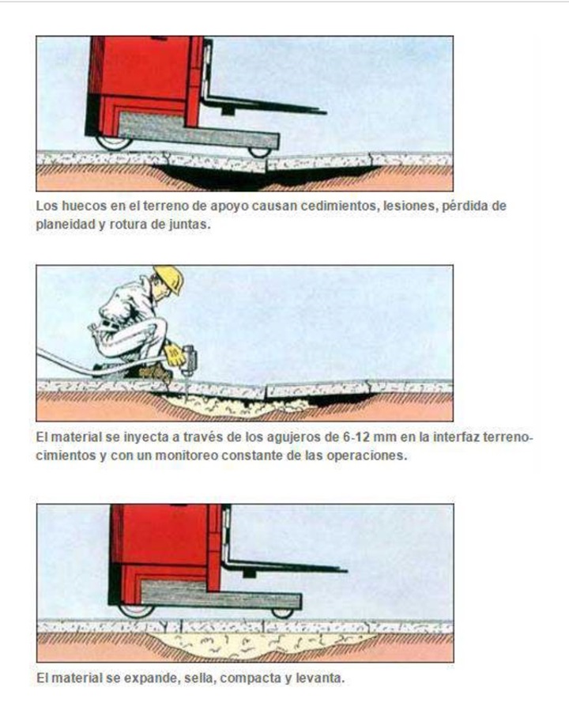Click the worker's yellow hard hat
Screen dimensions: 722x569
[x=168, y=278]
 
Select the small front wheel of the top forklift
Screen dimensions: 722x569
[x=258, y=151]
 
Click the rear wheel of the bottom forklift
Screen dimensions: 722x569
[x=135, y=610]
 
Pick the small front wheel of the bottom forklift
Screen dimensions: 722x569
[x=281, y=612]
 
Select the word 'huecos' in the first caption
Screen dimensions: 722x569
[x=77, y=206]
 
